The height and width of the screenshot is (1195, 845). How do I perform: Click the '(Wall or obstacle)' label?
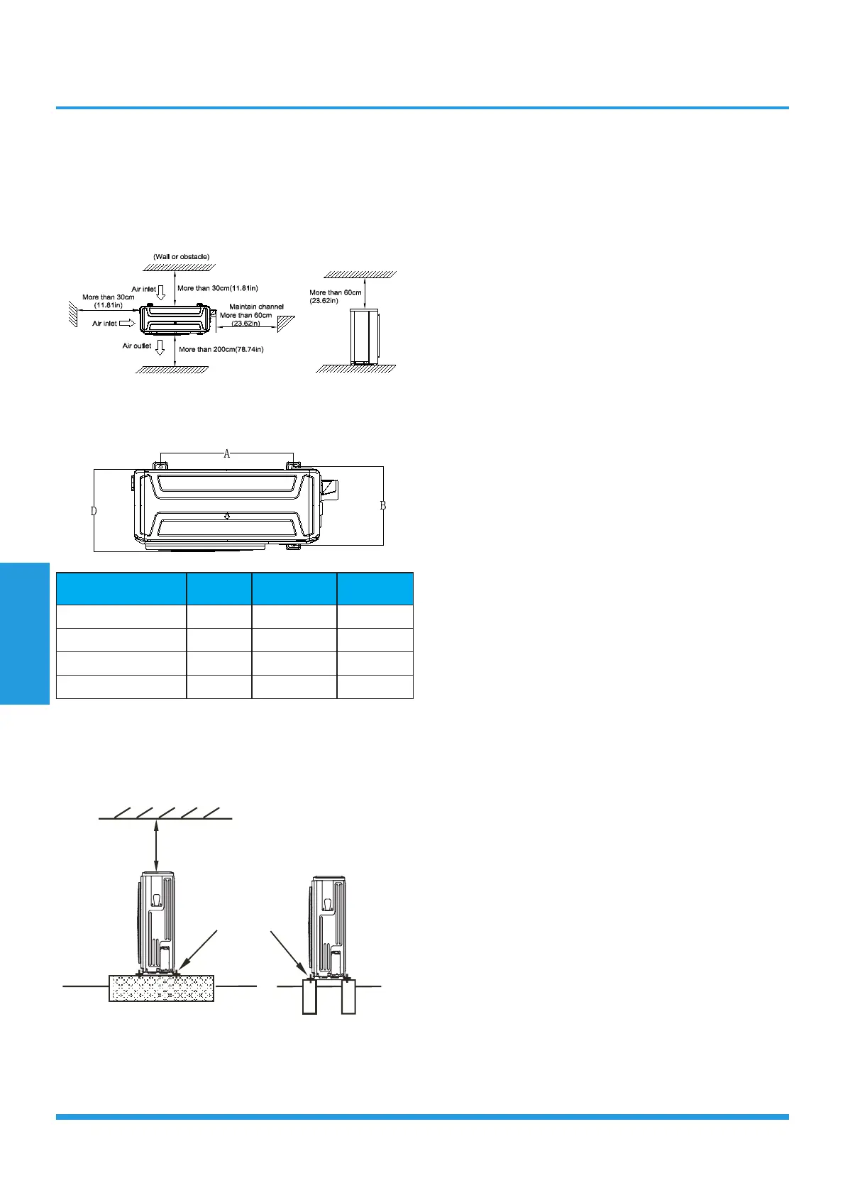181,257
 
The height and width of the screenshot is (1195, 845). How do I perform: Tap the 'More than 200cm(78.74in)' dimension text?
221,349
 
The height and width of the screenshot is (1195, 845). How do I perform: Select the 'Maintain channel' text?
256,307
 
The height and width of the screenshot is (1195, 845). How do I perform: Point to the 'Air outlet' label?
137,346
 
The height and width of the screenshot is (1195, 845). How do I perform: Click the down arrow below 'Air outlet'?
160,347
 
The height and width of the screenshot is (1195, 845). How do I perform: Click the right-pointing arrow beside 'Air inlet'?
127,323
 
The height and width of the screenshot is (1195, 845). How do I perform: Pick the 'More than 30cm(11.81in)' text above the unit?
217,288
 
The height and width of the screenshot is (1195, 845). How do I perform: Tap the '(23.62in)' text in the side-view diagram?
324,301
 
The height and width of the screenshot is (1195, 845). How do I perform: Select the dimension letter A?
227,454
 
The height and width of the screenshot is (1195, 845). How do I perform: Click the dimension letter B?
383,505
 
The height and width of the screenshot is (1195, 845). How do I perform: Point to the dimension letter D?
94,510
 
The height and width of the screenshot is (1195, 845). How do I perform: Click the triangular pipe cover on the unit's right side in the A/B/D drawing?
330,488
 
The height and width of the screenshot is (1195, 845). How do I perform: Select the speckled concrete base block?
161,988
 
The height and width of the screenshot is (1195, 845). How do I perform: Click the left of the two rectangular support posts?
309,996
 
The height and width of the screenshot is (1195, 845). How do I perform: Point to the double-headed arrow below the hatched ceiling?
156,844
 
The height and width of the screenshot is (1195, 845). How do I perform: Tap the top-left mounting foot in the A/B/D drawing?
160,466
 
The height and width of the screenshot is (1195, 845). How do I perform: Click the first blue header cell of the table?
121,588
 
